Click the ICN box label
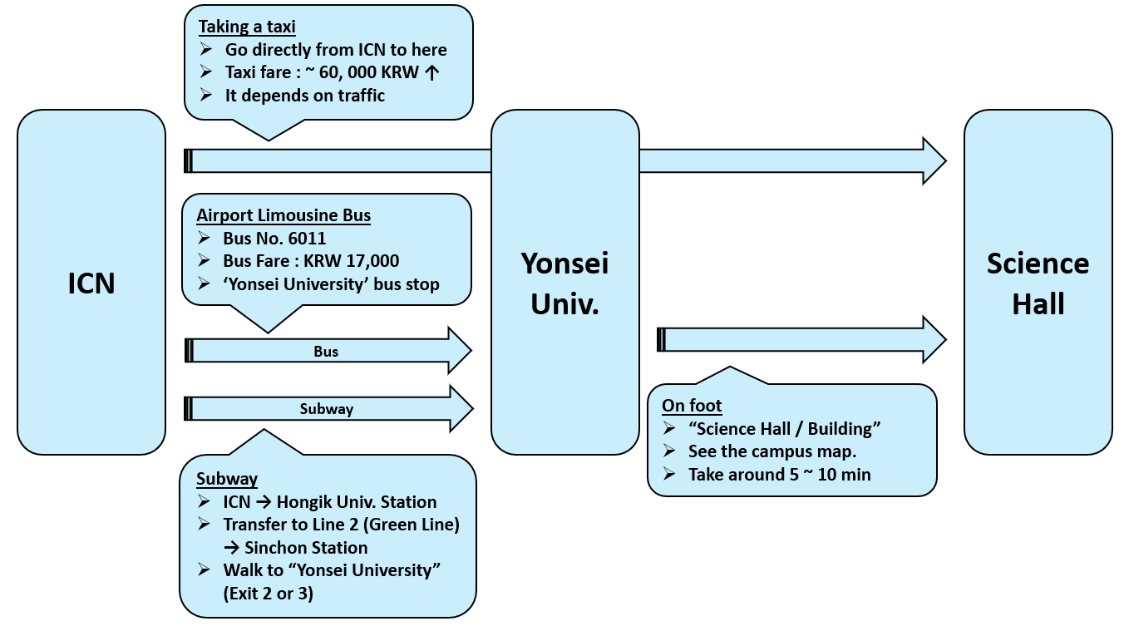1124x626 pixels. click(x=91, y=283)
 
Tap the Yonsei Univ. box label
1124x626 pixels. click(x=564, y=283)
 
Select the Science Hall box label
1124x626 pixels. click(x=1038, y=283)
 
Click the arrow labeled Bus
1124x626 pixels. click(x=326, y=352)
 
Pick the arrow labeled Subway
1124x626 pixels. click(x=326, y=409)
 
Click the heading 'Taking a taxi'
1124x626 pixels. click(x=247, y=27)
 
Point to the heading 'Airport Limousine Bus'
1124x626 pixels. click(x=283, y=215)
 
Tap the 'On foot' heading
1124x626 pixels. click(x=692, y=406)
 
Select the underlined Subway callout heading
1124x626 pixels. click(x=227, y=479)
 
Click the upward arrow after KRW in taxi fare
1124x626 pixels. click(x=431, y=72)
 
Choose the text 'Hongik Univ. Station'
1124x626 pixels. click(x=356, y=502)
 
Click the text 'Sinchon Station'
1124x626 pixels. click(x=306, y=548)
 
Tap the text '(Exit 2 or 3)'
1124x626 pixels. click(x=268, y=594)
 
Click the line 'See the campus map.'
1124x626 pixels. click(x=772, y=451)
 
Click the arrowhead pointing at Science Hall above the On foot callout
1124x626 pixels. click(x=934, y=339)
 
